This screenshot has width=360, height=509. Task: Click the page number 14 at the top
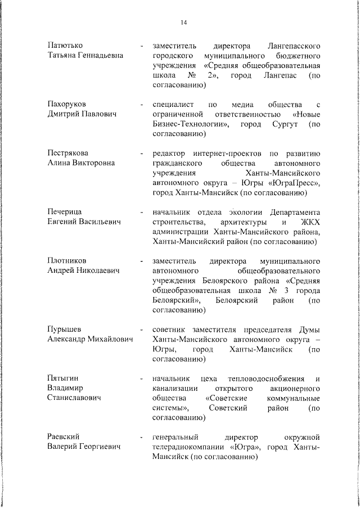183,22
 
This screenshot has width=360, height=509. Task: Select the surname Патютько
65,44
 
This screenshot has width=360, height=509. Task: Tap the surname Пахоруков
67,105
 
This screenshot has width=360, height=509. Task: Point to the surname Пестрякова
68,153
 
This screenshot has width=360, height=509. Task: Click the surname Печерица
65,211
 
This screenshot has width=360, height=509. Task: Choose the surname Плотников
67,261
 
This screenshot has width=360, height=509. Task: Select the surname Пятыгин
63,377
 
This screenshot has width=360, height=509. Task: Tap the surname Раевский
63,437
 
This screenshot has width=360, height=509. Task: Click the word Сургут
287,124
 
